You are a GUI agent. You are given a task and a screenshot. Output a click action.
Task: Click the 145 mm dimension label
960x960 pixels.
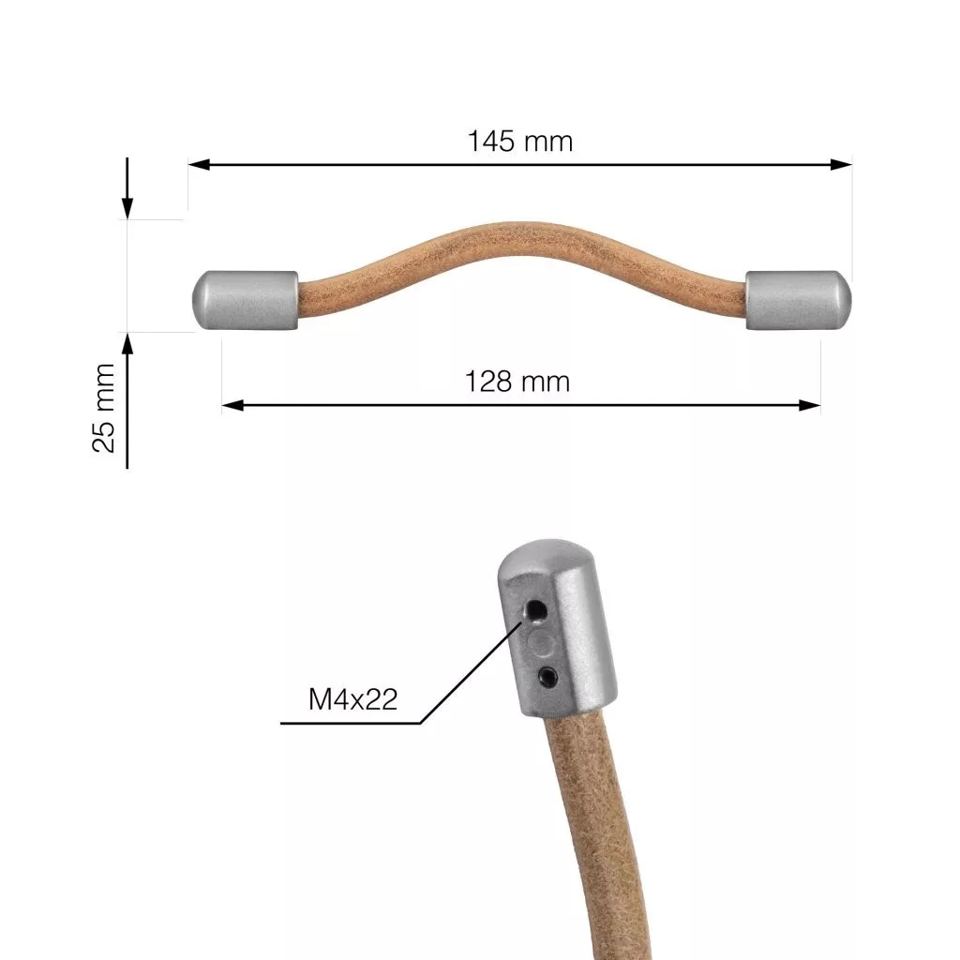519,142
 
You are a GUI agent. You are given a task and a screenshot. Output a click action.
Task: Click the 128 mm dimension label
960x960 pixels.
517,382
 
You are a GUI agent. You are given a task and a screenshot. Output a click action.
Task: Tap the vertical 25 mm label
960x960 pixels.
103,408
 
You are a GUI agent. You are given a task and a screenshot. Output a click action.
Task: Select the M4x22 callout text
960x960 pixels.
352,699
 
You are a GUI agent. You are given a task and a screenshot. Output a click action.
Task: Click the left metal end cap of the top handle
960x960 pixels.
246,300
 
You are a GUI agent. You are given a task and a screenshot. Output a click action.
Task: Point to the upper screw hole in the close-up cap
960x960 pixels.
537,610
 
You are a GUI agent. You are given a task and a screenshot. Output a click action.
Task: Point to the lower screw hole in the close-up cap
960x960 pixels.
547,676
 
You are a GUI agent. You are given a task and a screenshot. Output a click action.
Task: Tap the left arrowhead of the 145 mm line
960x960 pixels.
199,164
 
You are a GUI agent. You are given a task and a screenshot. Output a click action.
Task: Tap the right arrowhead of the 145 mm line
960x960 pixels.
841,164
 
